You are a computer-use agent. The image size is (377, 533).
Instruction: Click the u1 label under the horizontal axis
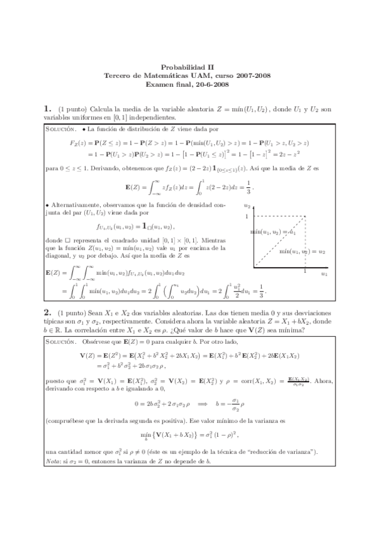(x=324, y=275)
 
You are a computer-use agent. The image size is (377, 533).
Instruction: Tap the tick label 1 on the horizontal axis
(x=305, y=272)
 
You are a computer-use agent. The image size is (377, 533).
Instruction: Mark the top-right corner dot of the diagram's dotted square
(x=305, y=217)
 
